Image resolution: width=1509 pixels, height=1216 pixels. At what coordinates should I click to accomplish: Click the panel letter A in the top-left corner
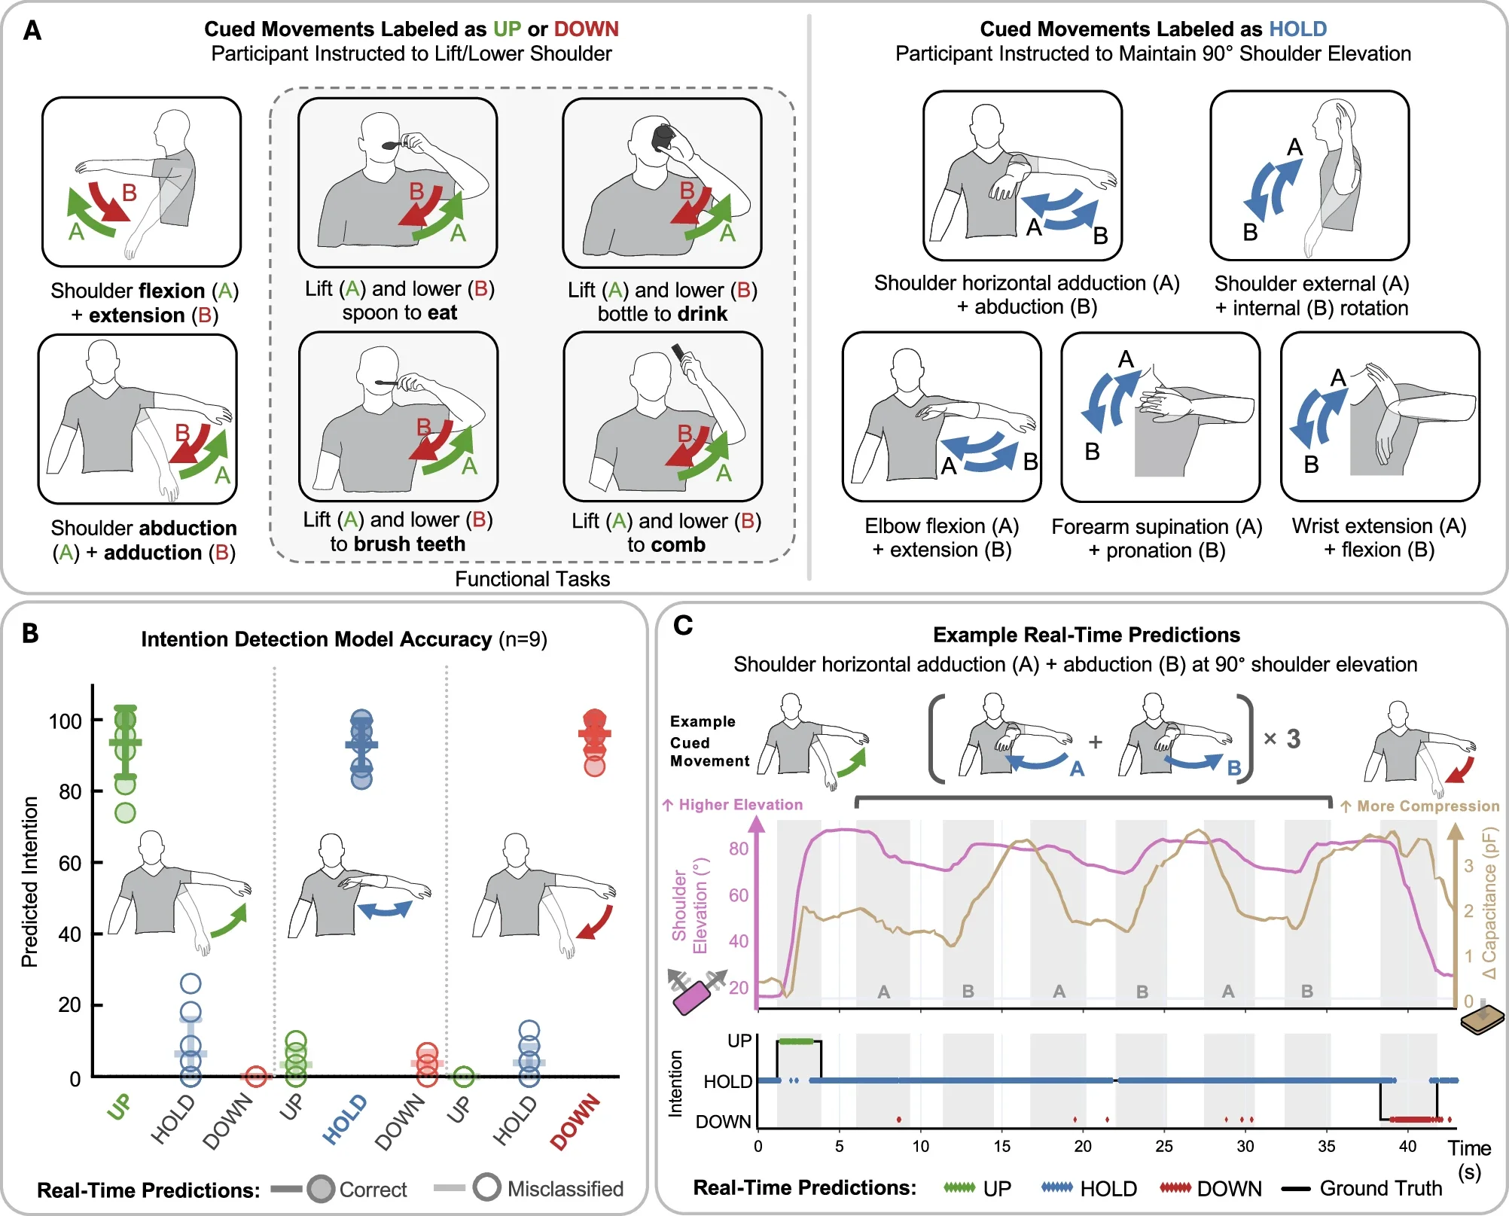(x=32, y=31)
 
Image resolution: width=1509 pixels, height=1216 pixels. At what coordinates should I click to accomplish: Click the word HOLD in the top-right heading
(x=1297, y=29)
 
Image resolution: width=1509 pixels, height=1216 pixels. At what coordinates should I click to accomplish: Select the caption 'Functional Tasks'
(x=532, y=579)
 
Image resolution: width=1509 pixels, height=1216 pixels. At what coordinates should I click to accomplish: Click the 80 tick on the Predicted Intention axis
(x=69, y=791)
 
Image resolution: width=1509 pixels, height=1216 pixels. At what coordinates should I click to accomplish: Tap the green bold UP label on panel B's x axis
(x=120, y=1107)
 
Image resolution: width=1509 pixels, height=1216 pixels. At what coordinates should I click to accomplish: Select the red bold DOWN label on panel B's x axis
(x=575, y=1122)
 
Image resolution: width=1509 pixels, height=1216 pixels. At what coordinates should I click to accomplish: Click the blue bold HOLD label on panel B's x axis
(x=345, y=1119)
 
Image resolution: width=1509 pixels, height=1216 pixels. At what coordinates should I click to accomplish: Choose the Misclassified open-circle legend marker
(x=486, y=1187)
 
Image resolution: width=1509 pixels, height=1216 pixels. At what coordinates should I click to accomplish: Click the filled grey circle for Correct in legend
(x=321, y=1189)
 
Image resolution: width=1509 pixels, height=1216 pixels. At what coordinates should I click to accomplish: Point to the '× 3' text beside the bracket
(x=1282, y=739)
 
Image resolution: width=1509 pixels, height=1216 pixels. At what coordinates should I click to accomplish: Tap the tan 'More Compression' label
(x=1420, y=806)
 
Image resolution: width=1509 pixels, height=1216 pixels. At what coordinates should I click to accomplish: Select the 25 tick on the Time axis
(x=1163, y=1146)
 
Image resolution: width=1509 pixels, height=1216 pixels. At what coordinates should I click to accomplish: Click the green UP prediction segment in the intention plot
(x=796, y=1041)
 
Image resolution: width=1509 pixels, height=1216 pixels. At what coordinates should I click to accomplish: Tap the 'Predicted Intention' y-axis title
(x=29, y=881)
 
